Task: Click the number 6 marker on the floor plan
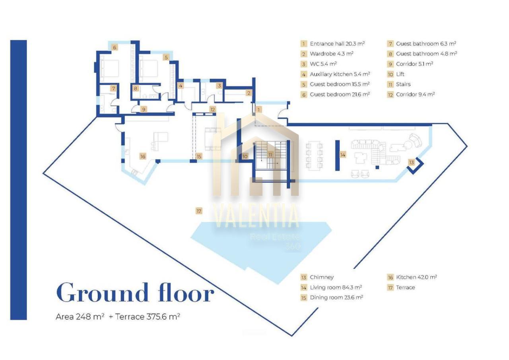(115, 47)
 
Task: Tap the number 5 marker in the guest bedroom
(166, 57)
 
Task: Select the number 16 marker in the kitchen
(143, 156)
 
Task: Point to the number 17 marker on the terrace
(199, 211)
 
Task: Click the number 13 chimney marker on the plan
(412, 162)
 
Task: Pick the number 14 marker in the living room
(343, 155)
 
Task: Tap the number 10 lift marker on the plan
(245, 156)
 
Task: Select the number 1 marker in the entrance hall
(258, 109)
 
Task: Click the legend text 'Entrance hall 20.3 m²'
(337, 44)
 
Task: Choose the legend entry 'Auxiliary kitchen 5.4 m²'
(340, 74)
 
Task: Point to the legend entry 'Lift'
(400, 74)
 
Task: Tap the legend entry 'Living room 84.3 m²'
(336, 287)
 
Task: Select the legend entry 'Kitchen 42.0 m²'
(416, 277)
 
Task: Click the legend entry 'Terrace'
(405, 287)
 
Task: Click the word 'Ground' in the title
(103, 293)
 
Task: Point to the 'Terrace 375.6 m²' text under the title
(148, 316)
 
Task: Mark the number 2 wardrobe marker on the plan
(249, 93)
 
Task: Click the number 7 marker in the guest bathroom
(113, 88)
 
